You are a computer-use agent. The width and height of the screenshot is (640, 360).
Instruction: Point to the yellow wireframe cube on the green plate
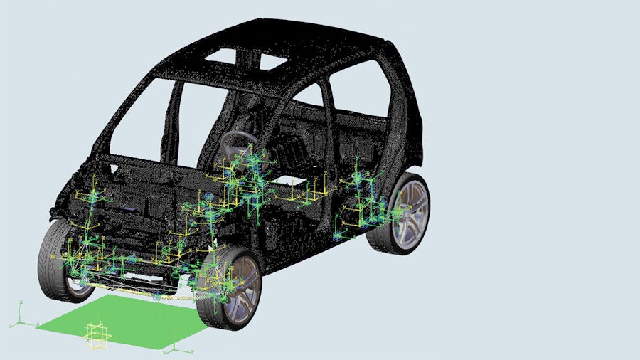click(x=97, y=336)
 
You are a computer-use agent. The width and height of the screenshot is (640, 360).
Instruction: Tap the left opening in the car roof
click(x=220, y=55)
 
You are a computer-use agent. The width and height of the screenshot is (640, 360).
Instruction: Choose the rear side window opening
click(x=359, y=89)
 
